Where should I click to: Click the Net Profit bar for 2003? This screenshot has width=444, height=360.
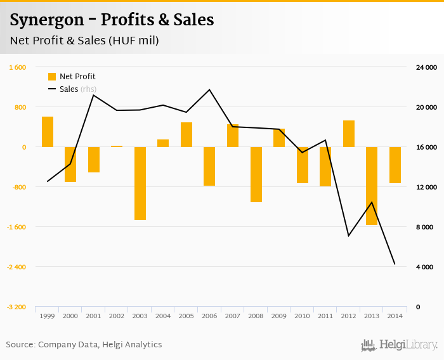(x=140, y=183)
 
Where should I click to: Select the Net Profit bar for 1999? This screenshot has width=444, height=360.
(x=48, y=132)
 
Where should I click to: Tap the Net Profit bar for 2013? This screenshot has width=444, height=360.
(x=372, y=186)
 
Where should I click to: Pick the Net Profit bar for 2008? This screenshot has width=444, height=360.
(x=256, y=174)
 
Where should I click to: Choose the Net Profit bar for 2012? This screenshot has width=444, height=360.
(x=349, y=134)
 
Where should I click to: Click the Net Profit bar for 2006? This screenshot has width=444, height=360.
(x=210, y=166)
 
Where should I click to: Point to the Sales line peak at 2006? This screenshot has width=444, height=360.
(x=210, y=89)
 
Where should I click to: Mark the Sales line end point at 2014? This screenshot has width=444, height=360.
(x=395, y=264)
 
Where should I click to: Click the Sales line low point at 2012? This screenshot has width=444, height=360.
(x=348, y=236)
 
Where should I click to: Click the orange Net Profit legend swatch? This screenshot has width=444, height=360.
(x=52, y=77)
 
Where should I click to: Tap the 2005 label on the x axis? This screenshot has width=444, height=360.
(x=186, y=315)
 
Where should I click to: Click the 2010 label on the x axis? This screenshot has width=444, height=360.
(x=303, y=315)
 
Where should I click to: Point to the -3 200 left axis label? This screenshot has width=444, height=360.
(x=16, y=307)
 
